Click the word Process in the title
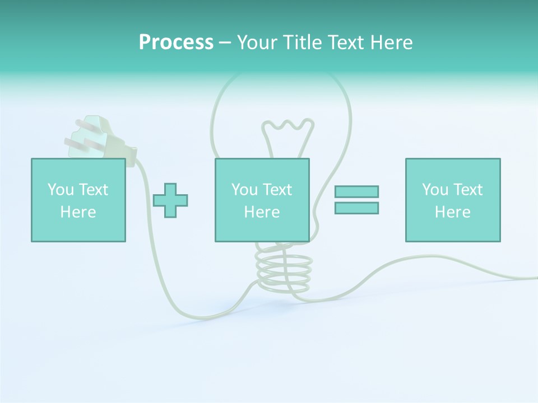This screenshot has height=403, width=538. click(x=176, y=43)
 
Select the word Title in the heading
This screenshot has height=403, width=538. click(x=303, y=43)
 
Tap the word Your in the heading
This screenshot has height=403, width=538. click(x=258, y=43)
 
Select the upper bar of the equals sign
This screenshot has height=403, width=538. click(x=356, y=191)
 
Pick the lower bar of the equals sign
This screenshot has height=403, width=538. click(x=356, y=208)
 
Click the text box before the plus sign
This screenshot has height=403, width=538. click(x=78, y=200)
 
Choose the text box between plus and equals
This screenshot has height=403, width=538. click(x=262, y=200)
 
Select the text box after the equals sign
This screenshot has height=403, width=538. click(x=452, y=200)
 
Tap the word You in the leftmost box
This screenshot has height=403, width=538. click(x=61, y=190)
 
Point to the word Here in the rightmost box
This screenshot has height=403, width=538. click(x=452, y=212)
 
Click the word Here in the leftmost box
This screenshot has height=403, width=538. click(x=78, y=212)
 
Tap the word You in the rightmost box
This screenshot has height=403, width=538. click(x=435, y=190)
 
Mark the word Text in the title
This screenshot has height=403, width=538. click(x=344, y=43)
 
